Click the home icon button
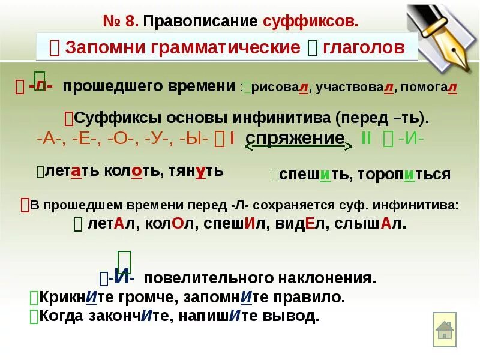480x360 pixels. (x=445, y=329)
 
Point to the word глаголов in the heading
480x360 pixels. (x=364, y=47)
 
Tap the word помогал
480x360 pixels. (x=429, y=88)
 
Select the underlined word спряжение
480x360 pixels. (x=295, y=138)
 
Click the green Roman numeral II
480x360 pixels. (x=366, y=138)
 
